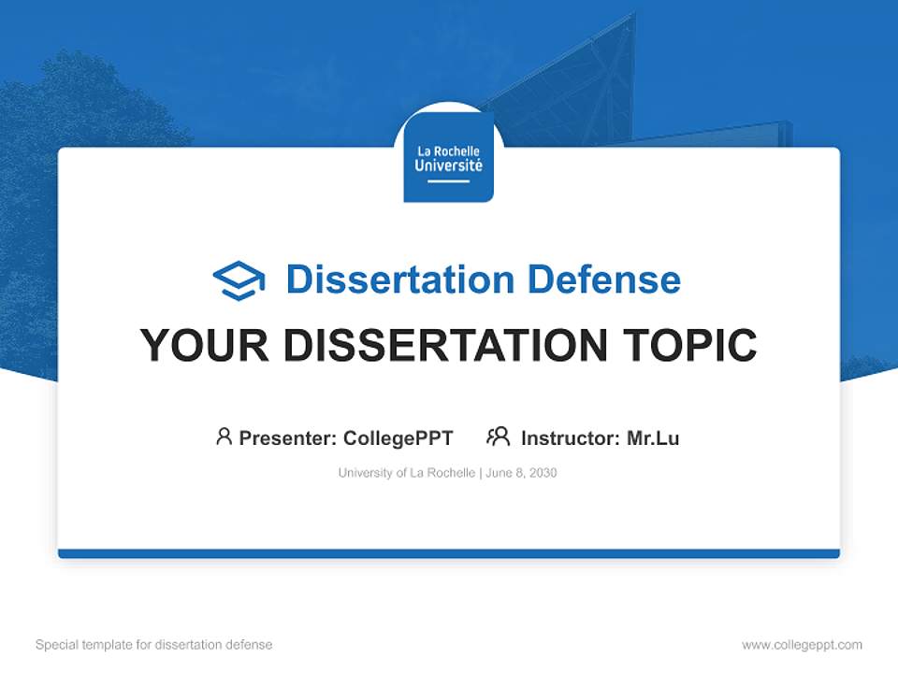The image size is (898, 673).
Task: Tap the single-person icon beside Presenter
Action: tap(224, 437)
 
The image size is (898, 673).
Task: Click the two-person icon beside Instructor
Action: tap(498, 437)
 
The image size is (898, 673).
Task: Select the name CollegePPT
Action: tap(398, 437)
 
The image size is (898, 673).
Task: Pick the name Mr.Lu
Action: tap(653, 437)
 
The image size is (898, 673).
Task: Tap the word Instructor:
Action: tap(571, 437)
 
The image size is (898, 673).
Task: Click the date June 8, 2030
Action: tap(522, 473)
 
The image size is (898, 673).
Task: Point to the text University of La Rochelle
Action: tap(406, 473)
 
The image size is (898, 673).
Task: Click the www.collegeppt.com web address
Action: tap(802, 645)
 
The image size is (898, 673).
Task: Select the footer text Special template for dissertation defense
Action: tap(154, 645)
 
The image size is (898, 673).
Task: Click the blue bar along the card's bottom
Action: tap(449, 553)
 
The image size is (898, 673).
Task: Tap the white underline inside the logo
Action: tap(449, 181)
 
